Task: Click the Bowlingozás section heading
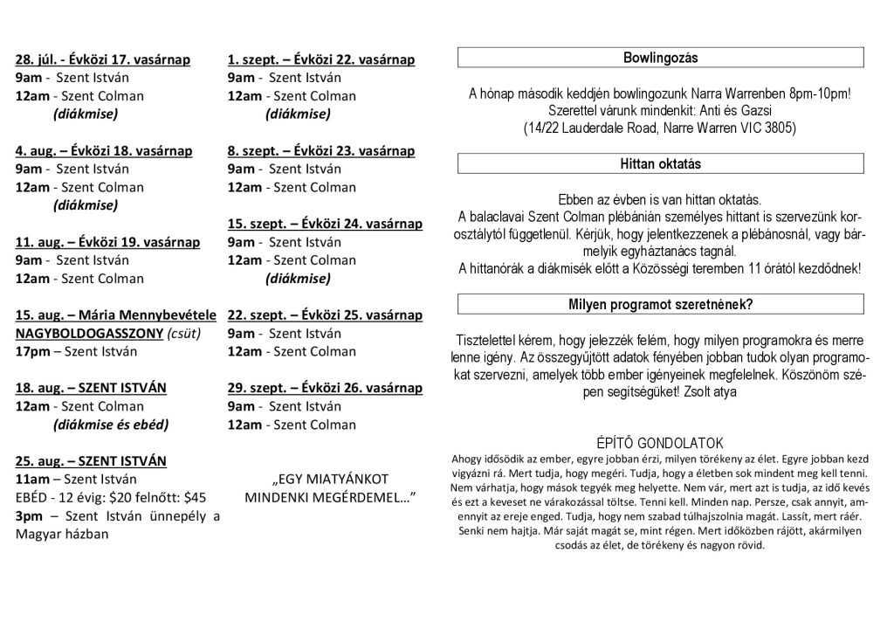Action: (660, 59)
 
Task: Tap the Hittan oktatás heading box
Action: (660, 163)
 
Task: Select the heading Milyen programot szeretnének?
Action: (660, 304)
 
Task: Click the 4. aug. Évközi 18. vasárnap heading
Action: (104, 150)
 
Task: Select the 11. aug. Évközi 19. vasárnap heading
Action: (107, 242)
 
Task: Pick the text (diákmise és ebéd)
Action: (111, 425)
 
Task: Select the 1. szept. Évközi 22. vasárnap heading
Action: (320, 59)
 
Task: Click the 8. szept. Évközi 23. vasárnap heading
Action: (320, 150)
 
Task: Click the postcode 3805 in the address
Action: (780, 128)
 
